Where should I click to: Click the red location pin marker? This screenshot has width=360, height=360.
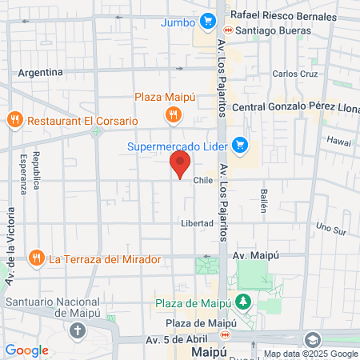click(x=179, y=165)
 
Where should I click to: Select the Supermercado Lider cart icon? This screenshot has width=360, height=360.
click(x=238, y=145)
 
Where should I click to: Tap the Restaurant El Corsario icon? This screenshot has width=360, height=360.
click(x=14, y=121)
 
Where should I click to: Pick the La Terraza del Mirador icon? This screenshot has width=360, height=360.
click(x=36, y=258)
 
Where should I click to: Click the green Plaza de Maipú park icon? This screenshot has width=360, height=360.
click(x=243, y=302)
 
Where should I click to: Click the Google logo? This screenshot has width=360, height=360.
click(x=26, y=350)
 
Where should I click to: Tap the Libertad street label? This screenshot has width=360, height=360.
click(x=197, y=223)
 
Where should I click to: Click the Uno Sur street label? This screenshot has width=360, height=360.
click(x=330, y=228)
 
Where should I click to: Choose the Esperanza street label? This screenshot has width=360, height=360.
click(x=24, y=173)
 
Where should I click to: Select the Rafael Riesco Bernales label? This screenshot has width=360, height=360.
click(x=283, y=15)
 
